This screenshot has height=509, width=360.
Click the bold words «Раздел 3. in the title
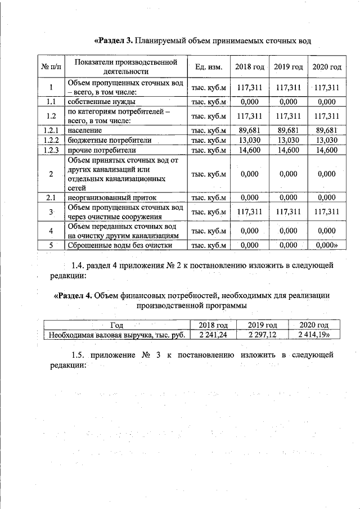(115, 41)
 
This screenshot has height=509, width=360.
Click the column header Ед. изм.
(209, 67)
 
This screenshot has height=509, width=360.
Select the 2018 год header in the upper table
(249, 67)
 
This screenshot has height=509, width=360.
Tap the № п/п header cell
(51, 67)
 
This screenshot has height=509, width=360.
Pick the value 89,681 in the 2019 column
(287, 130)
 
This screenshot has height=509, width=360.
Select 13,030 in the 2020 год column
(326, 140)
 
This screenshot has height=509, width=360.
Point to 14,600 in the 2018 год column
(249, 150)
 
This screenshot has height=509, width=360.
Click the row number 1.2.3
(51, 150)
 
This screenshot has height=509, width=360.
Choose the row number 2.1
(51, 197)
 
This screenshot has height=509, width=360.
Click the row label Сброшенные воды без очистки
(120, 245)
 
